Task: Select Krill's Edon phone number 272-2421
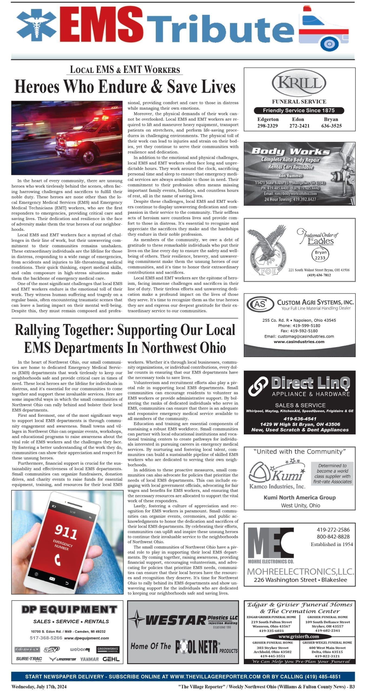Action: (x=299, y=126)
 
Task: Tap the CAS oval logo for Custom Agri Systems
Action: (x=260, y=304)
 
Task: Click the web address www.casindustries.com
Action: (x=299, y=342)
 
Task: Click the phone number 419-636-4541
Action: (x=300, y=419)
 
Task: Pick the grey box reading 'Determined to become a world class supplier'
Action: (x=332, y=473)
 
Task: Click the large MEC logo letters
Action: (x=271, y=543)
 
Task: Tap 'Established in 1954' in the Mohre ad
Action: (x=332, y=544)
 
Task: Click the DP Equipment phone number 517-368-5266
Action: (x=46, y=638)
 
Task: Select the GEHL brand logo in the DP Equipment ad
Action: (x=111, y=659)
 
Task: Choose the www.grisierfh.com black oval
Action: (x=299, y=636)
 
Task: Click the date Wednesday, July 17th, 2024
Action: (x=39, y=686)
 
